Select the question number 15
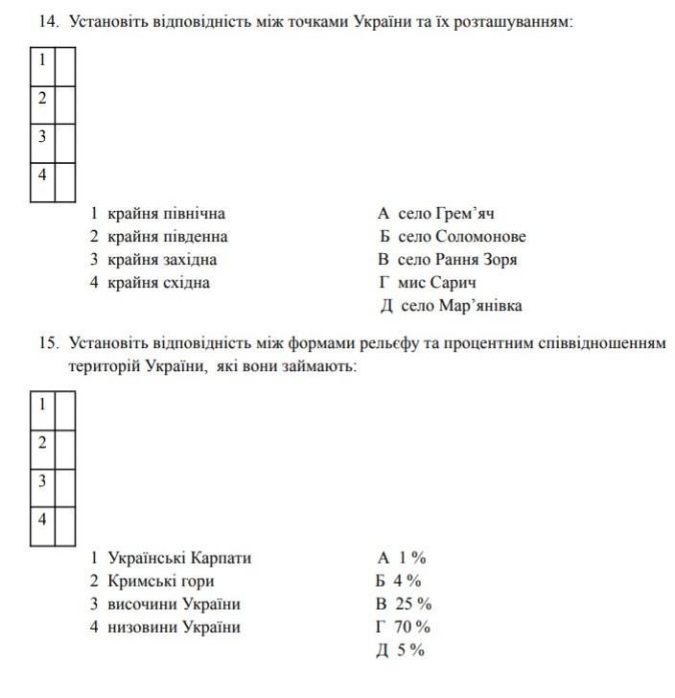click(48, 343)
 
